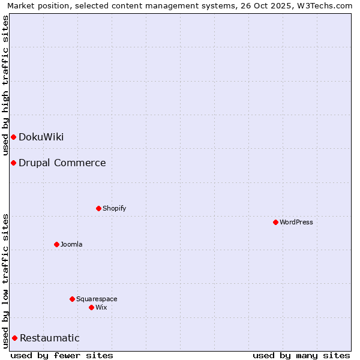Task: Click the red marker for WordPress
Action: click(275, 222)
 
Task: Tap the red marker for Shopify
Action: click(98, 208)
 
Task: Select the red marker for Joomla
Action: click(56, 244)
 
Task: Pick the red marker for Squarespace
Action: click(72, 299)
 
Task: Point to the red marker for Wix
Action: click(91, 307)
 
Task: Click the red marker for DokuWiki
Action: click(13, 137)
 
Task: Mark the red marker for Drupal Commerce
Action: click(13, 163)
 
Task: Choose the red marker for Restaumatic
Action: click(14, 338)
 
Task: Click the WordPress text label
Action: click(296, 222)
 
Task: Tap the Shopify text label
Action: click(114, 208)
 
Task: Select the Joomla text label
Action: click(71, 244)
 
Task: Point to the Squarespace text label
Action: click(97, 299)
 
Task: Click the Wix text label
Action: click(101, 307)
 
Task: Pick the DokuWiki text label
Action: click(41, 137)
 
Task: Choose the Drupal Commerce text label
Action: click(62, 163)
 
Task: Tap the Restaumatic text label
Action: click(49, 338)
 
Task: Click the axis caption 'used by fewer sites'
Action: click(62, 355)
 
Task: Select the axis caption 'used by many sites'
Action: click(301, 355)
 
